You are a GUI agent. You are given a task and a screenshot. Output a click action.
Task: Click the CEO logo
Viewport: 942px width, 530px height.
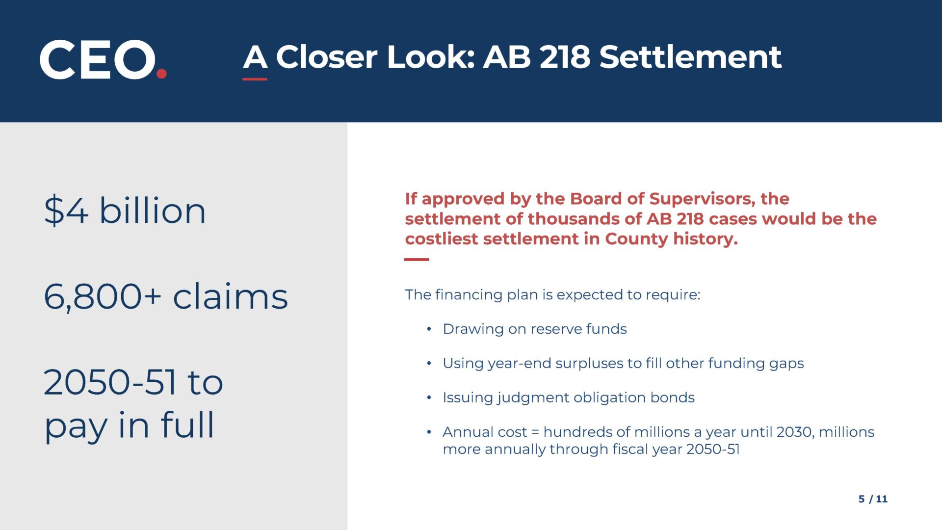103,59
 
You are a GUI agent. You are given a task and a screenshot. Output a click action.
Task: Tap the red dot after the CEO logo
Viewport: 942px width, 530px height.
161,74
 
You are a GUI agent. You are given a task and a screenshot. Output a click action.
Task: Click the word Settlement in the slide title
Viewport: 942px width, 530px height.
690,57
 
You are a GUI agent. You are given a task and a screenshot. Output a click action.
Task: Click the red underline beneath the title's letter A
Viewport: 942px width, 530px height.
255,79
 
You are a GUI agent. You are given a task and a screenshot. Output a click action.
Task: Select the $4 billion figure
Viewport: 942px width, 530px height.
125,211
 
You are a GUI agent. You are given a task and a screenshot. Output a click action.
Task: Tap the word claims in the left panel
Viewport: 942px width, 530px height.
230,296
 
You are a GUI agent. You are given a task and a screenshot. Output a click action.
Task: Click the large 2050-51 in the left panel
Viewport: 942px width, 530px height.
109,382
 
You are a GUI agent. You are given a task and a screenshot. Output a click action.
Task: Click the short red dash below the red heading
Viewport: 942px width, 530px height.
417,260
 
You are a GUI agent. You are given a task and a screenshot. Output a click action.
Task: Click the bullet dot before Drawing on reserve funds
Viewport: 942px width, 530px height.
429,329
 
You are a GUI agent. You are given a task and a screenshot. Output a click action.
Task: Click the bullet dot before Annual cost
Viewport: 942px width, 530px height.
429,432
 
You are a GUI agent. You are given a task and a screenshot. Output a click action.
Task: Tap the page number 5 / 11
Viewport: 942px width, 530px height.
873,499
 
